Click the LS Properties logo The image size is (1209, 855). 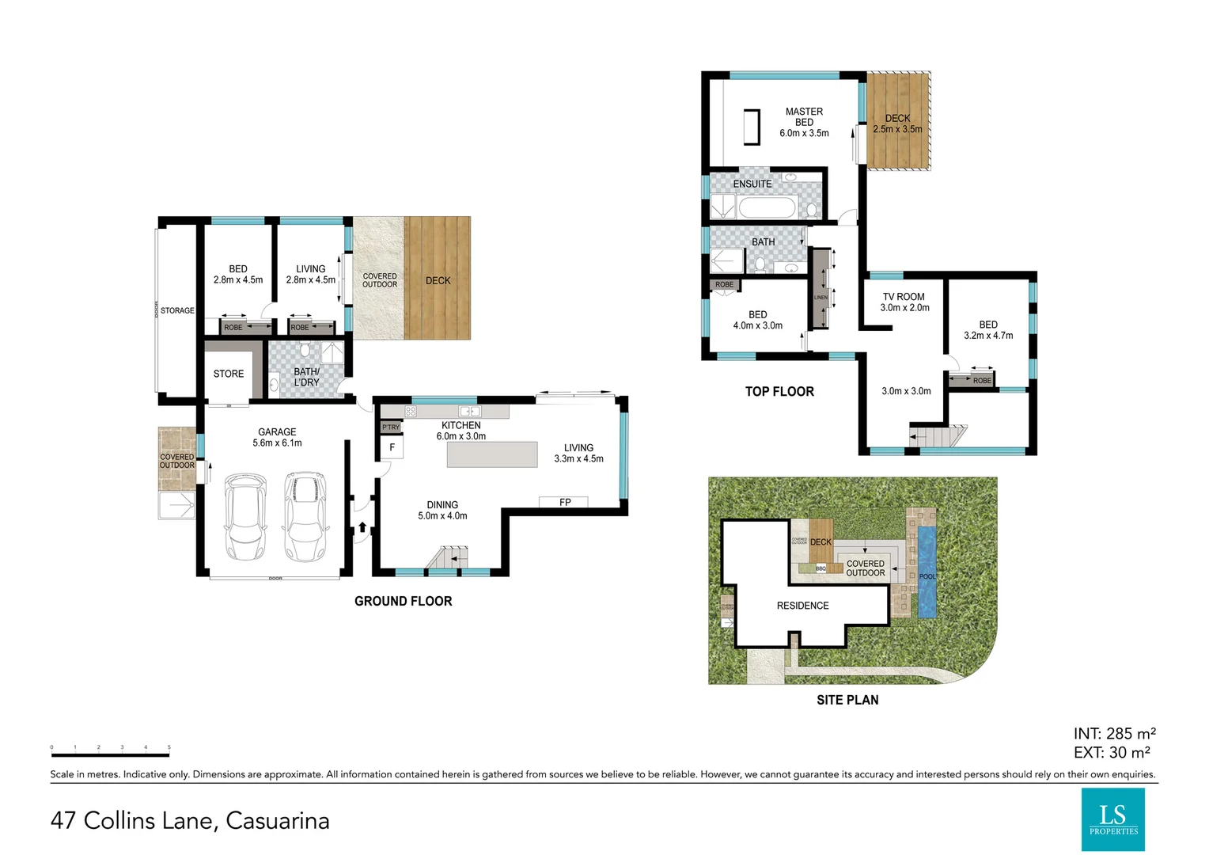pos(1112,819)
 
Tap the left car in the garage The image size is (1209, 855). pos(244,517)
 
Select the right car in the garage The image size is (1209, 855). pos(305,517)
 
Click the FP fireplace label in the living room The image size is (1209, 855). pos(564,502)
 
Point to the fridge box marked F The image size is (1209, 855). pos(392,448)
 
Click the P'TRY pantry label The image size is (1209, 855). pos(391,427)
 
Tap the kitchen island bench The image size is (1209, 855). pos(492,454)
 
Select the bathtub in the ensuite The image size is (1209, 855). pos(766,208)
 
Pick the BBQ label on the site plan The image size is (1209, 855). pos(821,568)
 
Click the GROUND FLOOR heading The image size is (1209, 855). pos(403,601)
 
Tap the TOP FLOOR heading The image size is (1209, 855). pos(779,391)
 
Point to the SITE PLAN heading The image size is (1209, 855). pos(847,700)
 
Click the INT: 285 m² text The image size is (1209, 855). pos(1114,734)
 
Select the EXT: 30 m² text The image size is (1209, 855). pos(1111,753)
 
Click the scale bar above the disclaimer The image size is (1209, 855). pos(110,754)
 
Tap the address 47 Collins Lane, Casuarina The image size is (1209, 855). pos(190,820)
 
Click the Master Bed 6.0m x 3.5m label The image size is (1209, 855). pos(804,123)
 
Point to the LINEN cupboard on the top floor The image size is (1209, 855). pos(821,289)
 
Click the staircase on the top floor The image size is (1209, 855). pos(938,436)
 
